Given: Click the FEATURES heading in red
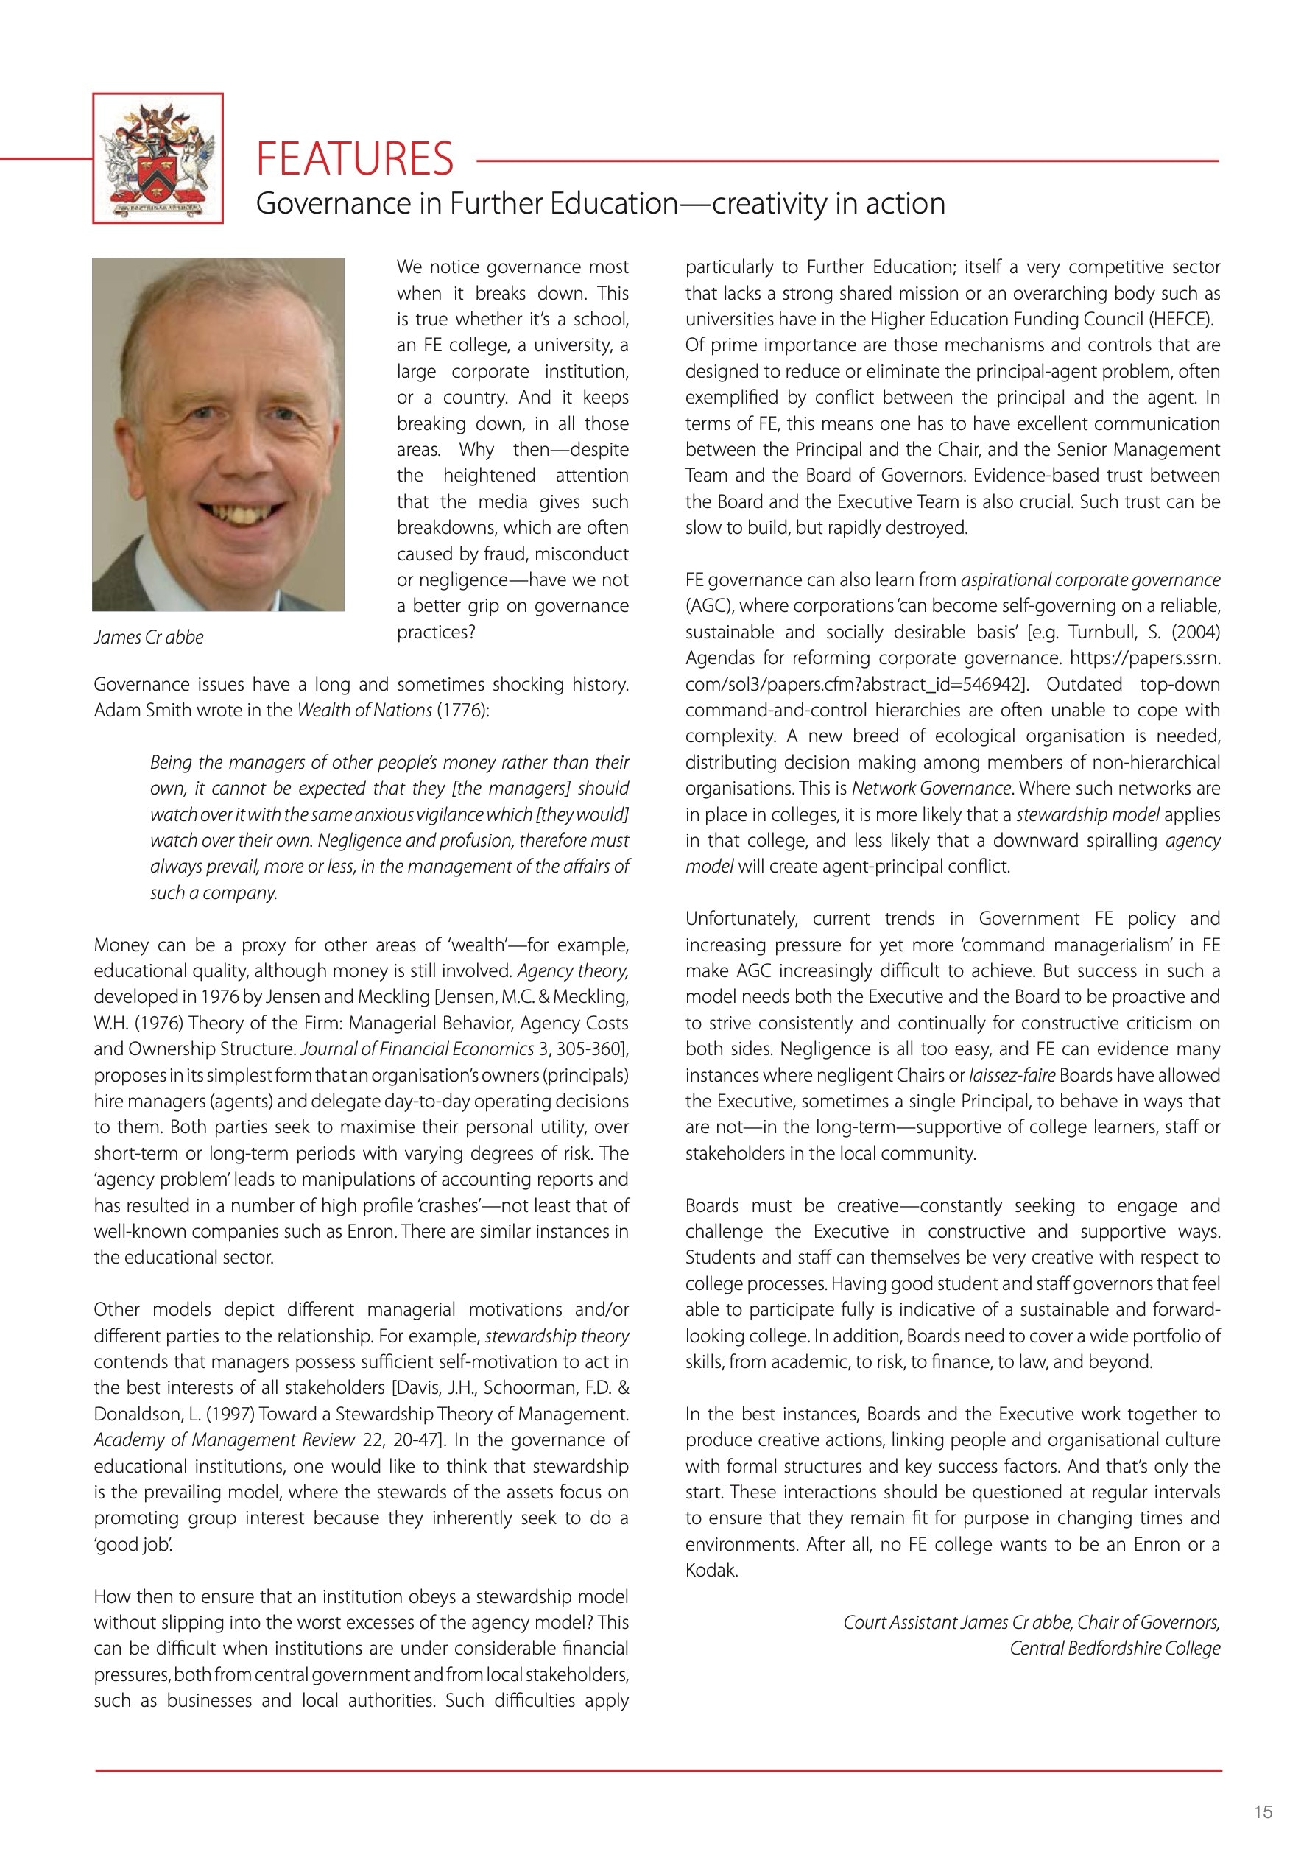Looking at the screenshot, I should coord(354,158).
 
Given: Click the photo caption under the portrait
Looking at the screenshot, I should coord(148,638).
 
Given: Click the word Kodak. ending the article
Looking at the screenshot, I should coord(711,1570).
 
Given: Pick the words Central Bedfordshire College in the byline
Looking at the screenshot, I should coord(1114,1648).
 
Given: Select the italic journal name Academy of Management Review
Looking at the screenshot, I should coord(225,1440).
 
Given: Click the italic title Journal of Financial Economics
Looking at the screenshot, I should coord(417,1049).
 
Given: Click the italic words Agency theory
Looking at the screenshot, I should coord(573,970).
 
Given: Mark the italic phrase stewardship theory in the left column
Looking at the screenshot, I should coord(557,1336).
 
